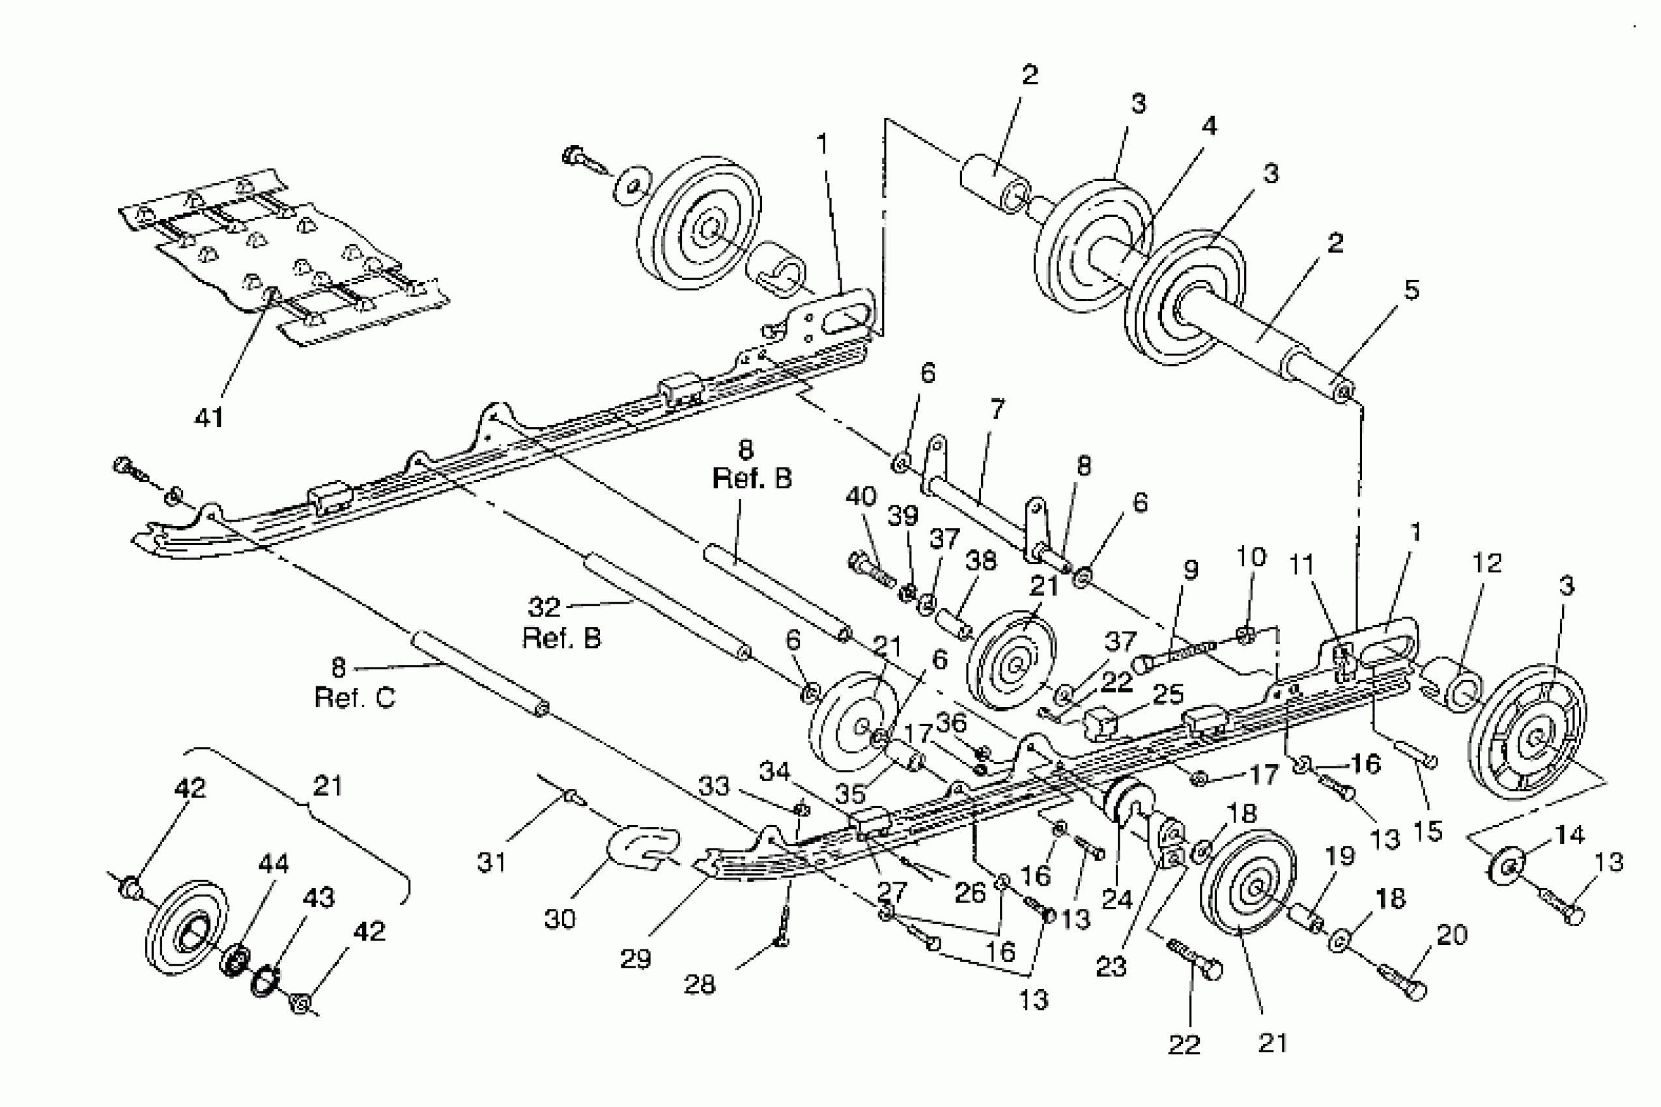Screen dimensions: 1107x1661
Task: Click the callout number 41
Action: point(209,417)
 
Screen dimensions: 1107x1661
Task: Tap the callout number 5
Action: point(1411,290)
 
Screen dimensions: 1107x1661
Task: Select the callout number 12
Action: point(1486,563)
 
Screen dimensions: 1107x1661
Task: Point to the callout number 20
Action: point(1452,934)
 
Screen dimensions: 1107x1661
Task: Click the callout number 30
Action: point(560,919)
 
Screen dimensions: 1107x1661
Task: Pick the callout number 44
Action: point(274,863)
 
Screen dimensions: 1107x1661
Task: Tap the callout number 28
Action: point(699,983)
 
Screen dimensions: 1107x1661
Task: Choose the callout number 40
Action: point(861,496)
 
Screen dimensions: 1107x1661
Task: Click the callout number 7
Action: point(997,409)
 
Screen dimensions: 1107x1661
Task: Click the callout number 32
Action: point(545,606)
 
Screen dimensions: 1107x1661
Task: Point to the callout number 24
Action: point(1117,899)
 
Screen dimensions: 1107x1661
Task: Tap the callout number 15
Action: point(1427,831)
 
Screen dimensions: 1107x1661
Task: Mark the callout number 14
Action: point(1569,835)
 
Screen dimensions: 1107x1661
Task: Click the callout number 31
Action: point(491,862)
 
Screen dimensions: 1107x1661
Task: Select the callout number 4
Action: point(1209,126)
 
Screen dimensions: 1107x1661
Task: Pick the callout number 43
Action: point(319,897)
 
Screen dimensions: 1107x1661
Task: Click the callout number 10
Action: point(1251,556)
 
